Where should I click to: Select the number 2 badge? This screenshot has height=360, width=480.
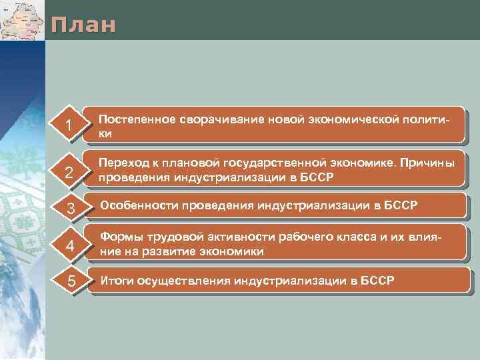(68, 173)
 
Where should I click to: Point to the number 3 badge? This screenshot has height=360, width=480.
(69, 209)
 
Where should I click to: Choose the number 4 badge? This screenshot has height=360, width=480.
(69, 247)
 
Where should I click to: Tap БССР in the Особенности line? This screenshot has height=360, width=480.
(401, 205)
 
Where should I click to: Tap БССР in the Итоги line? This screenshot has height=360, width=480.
(377, 280)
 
